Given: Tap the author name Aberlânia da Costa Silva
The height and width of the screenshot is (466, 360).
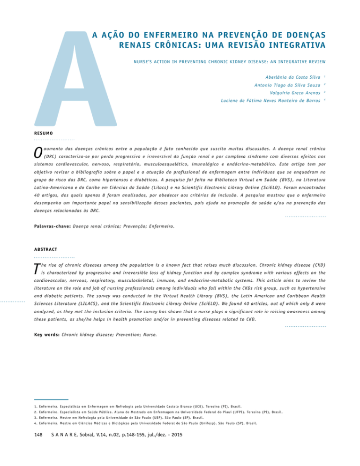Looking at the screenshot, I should (x=293, y=77).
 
